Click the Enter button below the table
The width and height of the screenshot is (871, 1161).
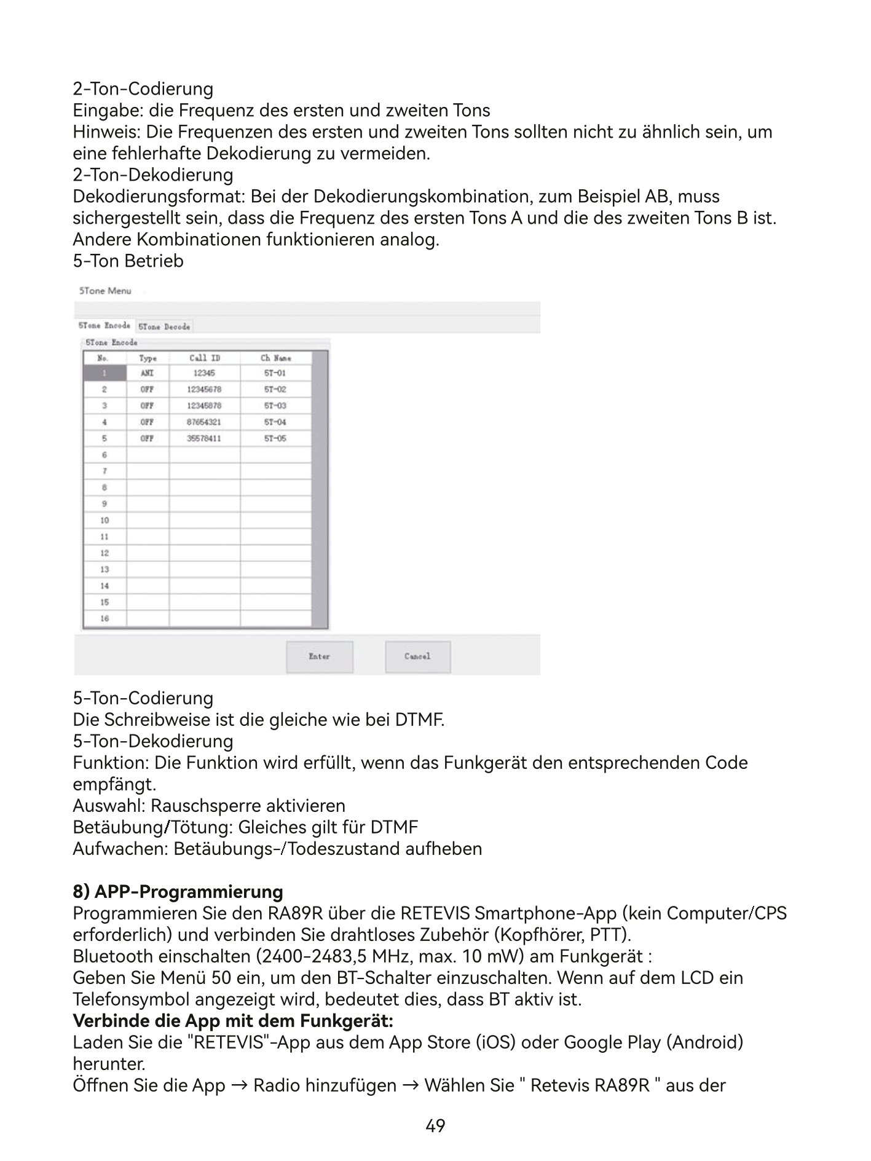tap(320, 656)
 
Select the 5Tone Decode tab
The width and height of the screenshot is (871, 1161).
tap(164, 326)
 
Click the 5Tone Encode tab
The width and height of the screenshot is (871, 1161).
tap(104, 326)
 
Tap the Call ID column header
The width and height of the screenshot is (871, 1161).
tap(205, 358)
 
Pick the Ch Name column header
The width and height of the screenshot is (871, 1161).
tap(275, 358)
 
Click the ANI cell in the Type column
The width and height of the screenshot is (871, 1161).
tap(148, 373)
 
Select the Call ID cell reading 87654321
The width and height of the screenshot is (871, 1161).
tap(204, 422)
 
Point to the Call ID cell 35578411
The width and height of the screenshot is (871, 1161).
tap(204, 439)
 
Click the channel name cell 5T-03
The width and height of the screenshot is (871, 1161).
tap(275, 406)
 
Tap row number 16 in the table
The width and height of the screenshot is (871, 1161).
tap(104, 618)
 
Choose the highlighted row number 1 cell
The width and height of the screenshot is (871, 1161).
tap(104, 373)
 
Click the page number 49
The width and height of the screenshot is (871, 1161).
tap(435, 1126)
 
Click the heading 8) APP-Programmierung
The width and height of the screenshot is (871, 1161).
tap(178, 891)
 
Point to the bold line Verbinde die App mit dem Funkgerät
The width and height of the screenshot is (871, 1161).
tap(233, 1020)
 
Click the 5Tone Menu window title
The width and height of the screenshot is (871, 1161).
tap(105, 291)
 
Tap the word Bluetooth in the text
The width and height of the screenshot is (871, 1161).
tap(112, 956)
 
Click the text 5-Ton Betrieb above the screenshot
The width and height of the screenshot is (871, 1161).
tap(128, 261)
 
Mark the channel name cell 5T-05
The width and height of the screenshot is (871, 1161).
tap(275, 439)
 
